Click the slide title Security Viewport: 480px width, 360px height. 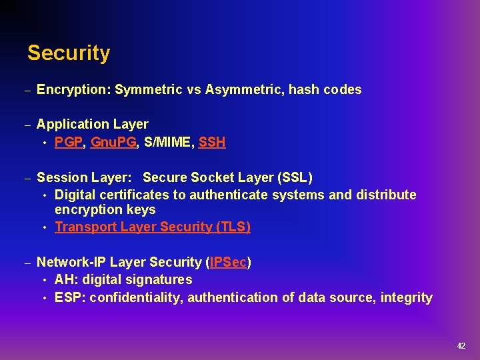click(x=69, y=53)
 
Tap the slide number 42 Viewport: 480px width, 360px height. click(x=461, y=346)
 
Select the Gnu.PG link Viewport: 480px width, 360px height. click(x=113, y=142)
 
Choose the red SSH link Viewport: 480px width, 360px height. click(x=212, y=142)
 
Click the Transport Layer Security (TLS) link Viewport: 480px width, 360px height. click(x=153, y=227)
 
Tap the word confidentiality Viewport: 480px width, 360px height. click(x=135, y=298)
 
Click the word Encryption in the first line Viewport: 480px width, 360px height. click(x=73, y=90)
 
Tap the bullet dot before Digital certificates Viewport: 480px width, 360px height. click(x=45, y=195)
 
